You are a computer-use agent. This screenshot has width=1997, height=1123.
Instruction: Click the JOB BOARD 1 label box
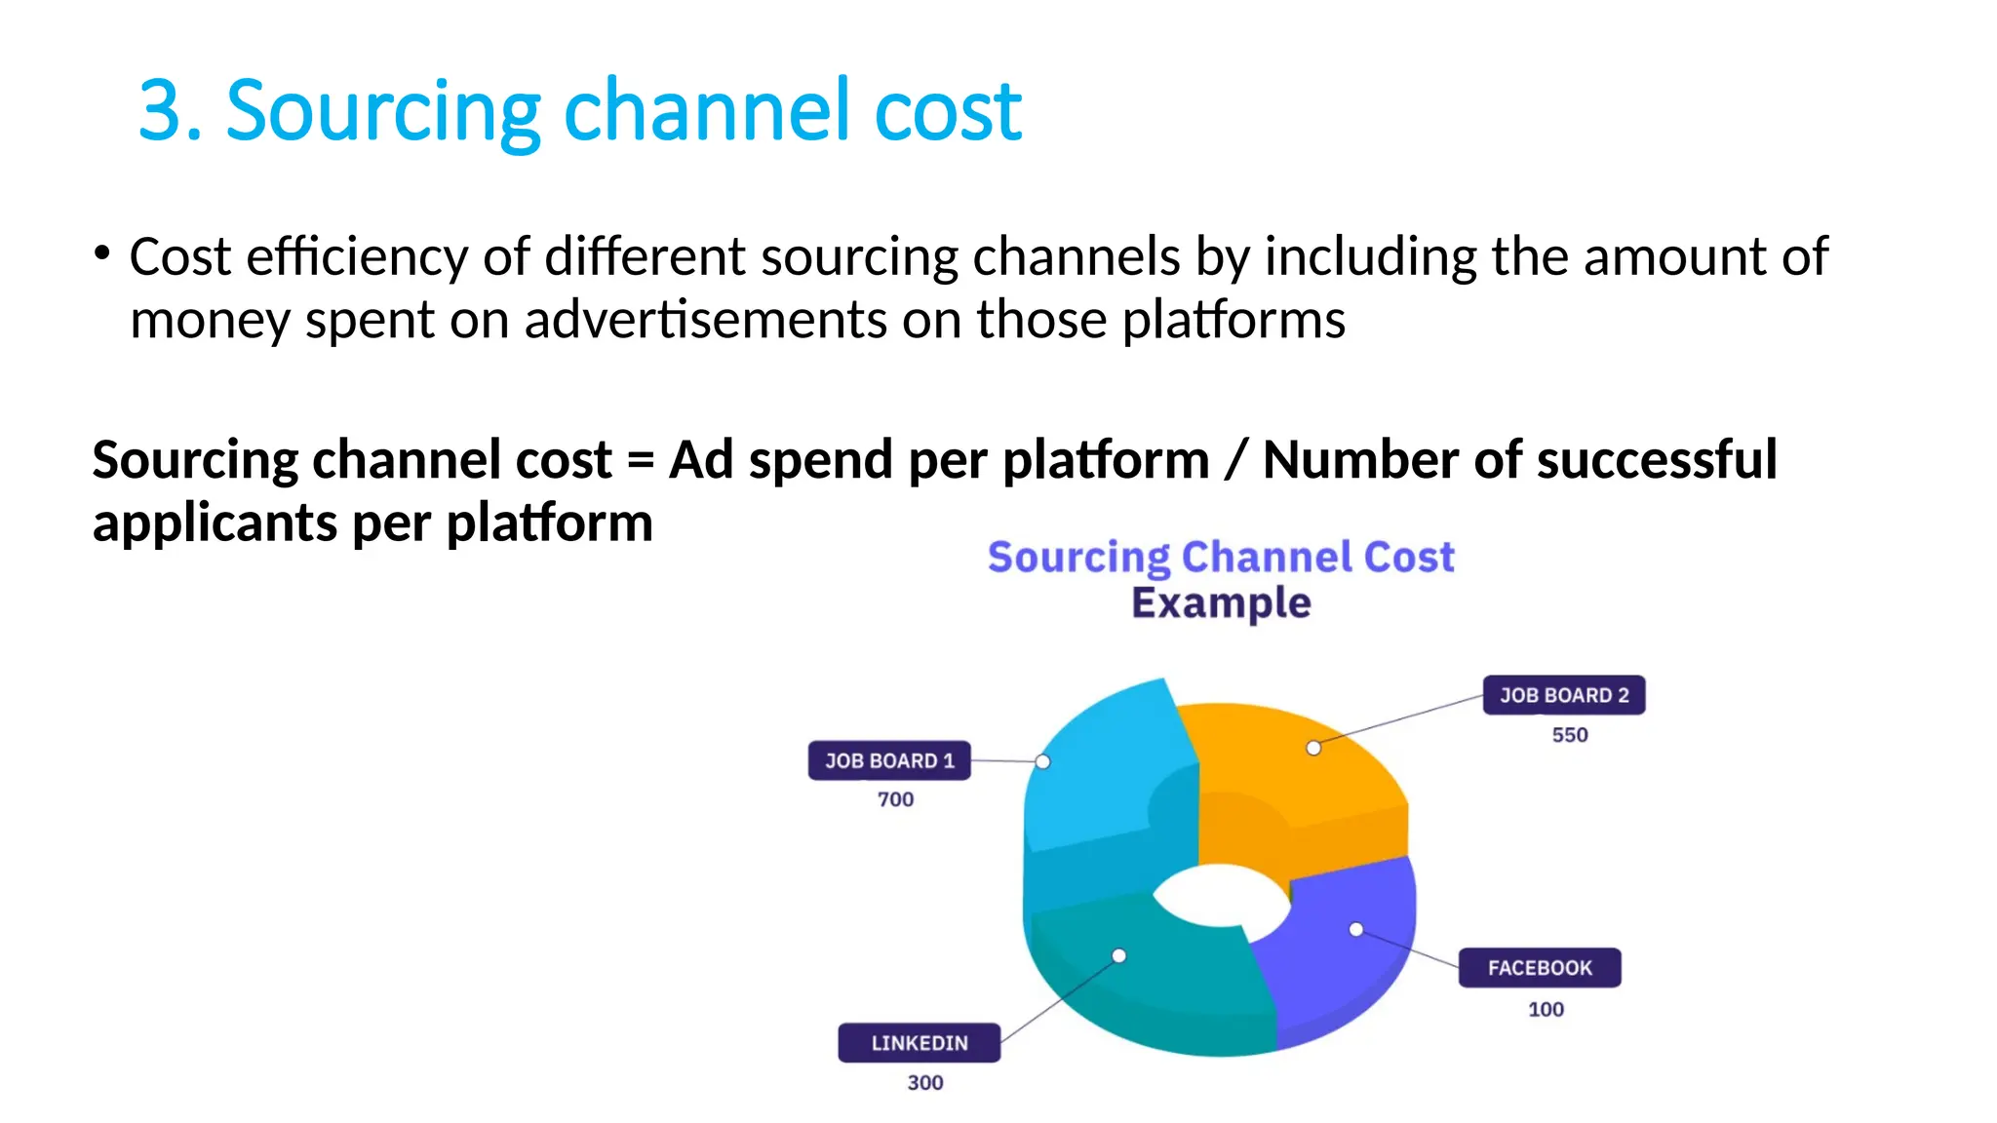(x=888, y=760)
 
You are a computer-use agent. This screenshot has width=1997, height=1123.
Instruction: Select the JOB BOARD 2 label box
(x=1563, y=695)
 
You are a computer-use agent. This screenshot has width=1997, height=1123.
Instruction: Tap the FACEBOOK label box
(x=1539, y=968)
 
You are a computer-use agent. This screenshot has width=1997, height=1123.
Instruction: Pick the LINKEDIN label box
(x=919, y=1043)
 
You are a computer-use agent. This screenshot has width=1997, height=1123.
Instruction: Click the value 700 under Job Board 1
(x=895, y=799)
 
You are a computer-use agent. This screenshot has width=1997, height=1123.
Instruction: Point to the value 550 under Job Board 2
(x=1569, y=735)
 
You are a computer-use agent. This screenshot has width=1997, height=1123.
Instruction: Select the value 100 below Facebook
(x=1546, y=1009)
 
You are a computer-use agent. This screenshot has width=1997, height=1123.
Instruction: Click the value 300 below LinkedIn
(x=924, y=1082)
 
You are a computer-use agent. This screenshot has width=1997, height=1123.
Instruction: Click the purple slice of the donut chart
(x=1346, y=965)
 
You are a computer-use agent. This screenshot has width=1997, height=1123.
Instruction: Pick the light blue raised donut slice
(x=1102, y=770)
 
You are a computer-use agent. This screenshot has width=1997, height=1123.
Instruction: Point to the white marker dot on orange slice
(x=1313, y=748)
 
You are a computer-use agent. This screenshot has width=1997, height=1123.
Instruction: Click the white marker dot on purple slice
(x=1355, y=929)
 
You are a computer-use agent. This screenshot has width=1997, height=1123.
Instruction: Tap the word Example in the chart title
(x=1221, y=602)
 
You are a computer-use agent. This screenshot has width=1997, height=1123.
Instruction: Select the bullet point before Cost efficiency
(x=101, y=254)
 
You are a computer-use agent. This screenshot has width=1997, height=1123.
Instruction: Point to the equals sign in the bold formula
(x=640, y=460)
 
